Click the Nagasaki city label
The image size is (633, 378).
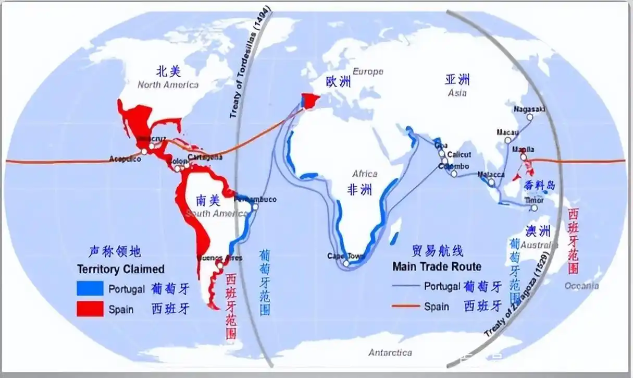point(529,109)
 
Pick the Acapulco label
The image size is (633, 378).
point(126,158)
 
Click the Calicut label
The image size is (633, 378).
point(459,154)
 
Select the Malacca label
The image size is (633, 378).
point(491,175)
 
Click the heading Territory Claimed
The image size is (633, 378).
point(120,269)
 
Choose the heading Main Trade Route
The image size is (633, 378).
point(437,266)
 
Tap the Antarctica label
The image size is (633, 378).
point(390,352)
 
